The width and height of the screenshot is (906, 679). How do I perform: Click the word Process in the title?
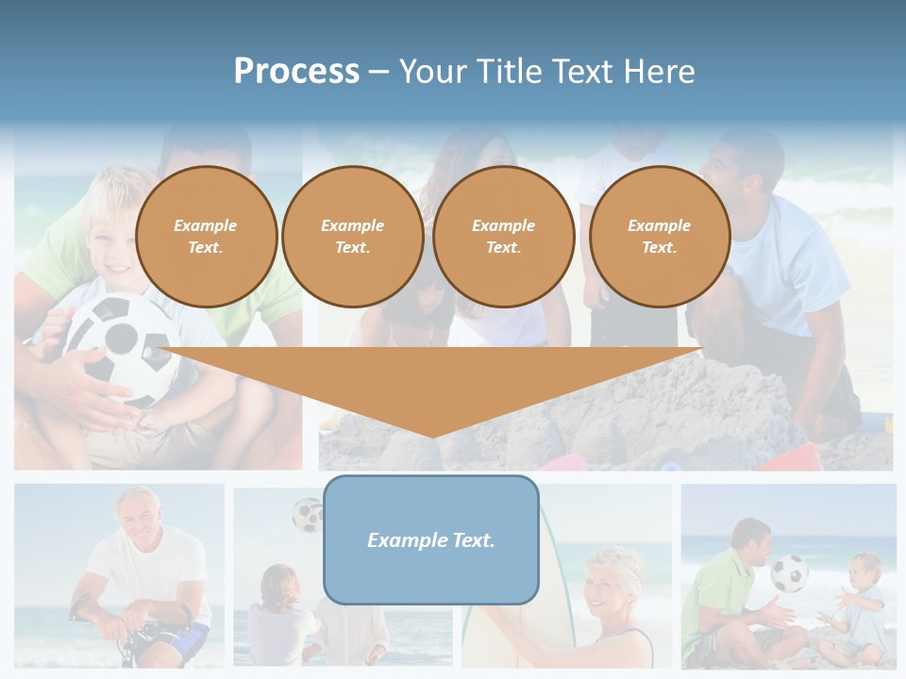(x=296, y=72)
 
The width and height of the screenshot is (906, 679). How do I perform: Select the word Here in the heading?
(x=658, y=72)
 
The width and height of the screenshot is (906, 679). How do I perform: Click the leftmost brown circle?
(x=206, y=237)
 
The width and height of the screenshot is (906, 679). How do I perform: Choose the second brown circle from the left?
(x=352, y=237)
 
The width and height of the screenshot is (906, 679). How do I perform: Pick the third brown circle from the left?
(x=503, y=237)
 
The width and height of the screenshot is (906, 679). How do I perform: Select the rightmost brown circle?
(x=659, y=237)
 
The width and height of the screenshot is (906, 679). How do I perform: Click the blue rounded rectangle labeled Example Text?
(x=431, y=539)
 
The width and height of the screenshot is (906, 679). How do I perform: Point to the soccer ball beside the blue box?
(x=308, y=515)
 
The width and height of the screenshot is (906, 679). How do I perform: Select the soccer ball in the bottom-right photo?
(x=789, y=573)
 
